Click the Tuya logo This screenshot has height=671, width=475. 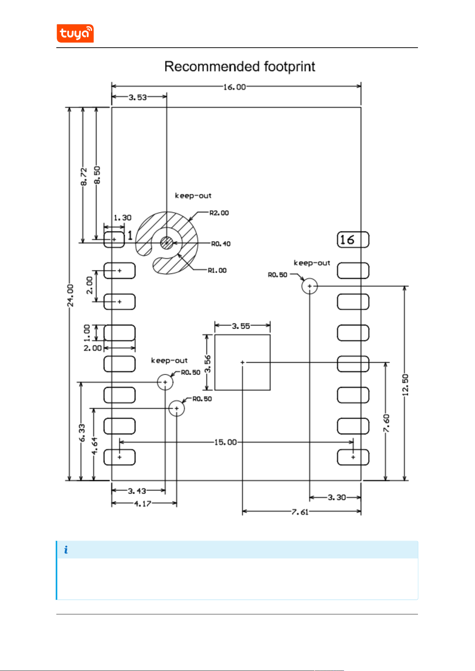point(75,33)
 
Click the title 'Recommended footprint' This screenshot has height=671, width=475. point(240,67)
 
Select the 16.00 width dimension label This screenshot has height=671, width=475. point(235,87)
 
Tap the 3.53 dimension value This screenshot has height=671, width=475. point(138,97)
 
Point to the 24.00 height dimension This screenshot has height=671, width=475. point(71,295)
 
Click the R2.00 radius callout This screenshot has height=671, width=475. point(219,213)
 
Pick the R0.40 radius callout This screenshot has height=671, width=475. point(221,244)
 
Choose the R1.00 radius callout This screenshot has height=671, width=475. point(217,270)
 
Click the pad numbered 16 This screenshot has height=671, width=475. point(353,240)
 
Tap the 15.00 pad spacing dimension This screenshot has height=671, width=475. point(225,442)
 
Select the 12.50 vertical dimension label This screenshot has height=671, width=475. point(405,385)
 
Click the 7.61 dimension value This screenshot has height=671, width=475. point(300,512)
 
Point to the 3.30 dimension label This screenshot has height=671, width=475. point(337,497)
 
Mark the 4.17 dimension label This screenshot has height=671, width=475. point(142,504)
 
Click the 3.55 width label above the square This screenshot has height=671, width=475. point(241,326)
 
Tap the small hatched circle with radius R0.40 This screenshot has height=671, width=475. point(166,243)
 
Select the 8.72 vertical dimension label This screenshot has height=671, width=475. point(84,176)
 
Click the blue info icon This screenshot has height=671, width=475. point(66,549)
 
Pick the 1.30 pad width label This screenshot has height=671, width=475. point(123,218)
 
